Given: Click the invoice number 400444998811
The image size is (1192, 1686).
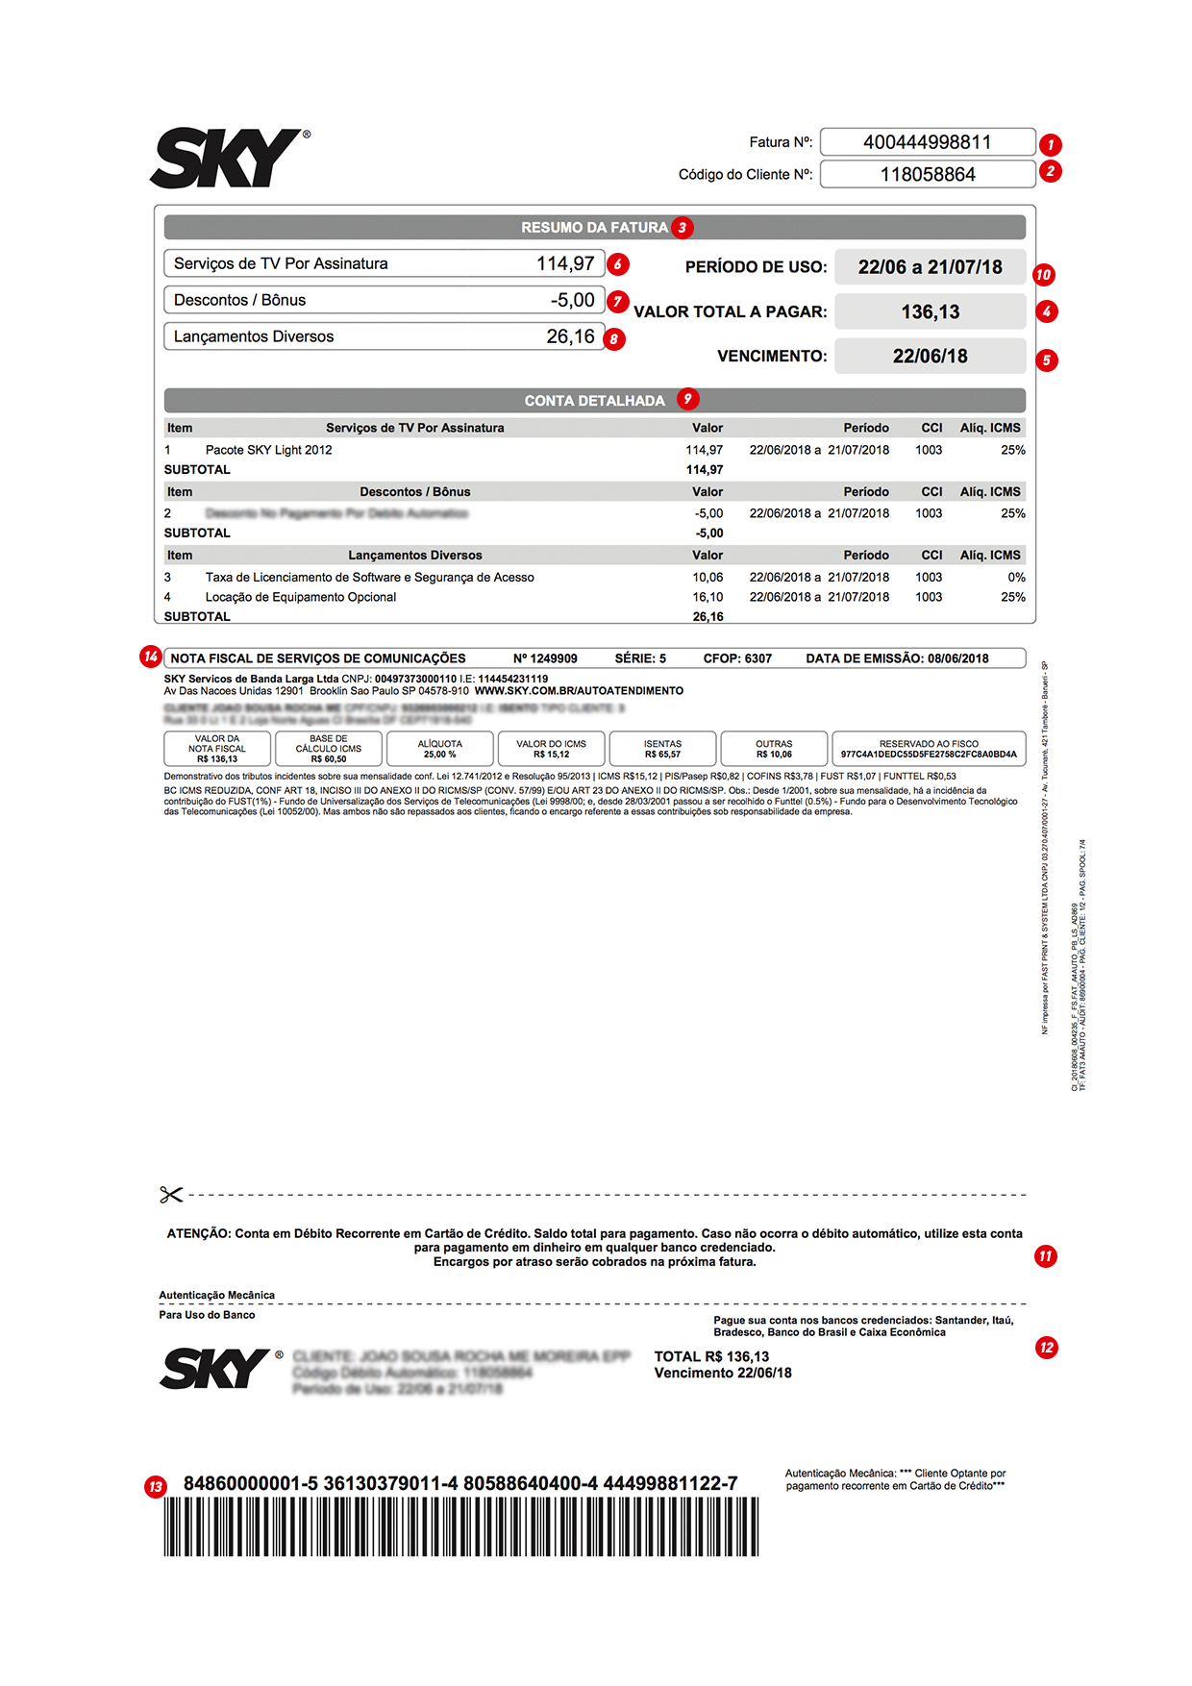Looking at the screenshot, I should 928,142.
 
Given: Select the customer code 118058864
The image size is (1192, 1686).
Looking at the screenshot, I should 928,174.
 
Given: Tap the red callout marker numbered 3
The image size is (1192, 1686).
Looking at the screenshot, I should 683,228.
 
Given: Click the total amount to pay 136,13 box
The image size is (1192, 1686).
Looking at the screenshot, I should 930,311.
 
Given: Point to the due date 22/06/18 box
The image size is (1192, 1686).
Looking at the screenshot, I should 930,356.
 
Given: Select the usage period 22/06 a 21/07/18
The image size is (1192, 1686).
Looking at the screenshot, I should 930,267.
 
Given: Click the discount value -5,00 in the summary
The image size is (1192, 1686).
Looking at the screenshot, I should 572,300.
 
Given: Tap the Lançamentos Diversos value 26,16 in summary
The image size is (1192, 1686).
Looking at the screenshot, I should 570,336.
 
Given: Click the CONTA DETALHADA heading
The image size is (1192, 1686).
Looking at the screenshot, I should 594,401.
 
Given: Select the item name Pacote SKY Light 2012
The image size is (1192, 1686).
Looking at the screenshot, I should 268,450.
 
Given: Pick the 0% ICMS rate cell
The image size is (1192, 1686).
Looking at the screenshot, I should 1016,577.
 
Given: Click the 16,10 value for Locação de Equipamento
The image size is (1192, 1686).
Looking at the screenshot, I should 708,597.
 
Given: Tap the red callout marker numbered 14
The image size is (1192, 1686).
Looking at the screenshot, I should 150,657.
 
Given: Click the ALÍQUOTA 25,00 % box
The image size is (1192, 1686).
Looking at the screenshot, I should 439,749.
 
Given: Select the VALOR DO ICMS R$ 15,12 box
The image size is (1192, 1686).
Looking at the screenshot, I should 551,749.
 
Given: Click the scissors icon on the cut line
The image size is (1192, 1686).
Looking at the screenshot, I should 171,1195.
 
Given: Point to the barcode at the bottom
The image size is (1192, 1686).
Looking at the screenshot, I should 460,1527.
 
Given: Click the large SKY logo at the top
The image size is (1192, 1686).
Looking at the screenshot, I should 229,159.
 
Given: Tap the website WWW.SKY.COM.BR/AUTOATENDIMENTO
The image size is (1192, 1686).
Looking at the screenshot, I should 579,691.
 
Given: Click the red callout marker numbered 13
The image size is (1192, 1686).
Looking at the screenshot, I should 156,1487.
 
